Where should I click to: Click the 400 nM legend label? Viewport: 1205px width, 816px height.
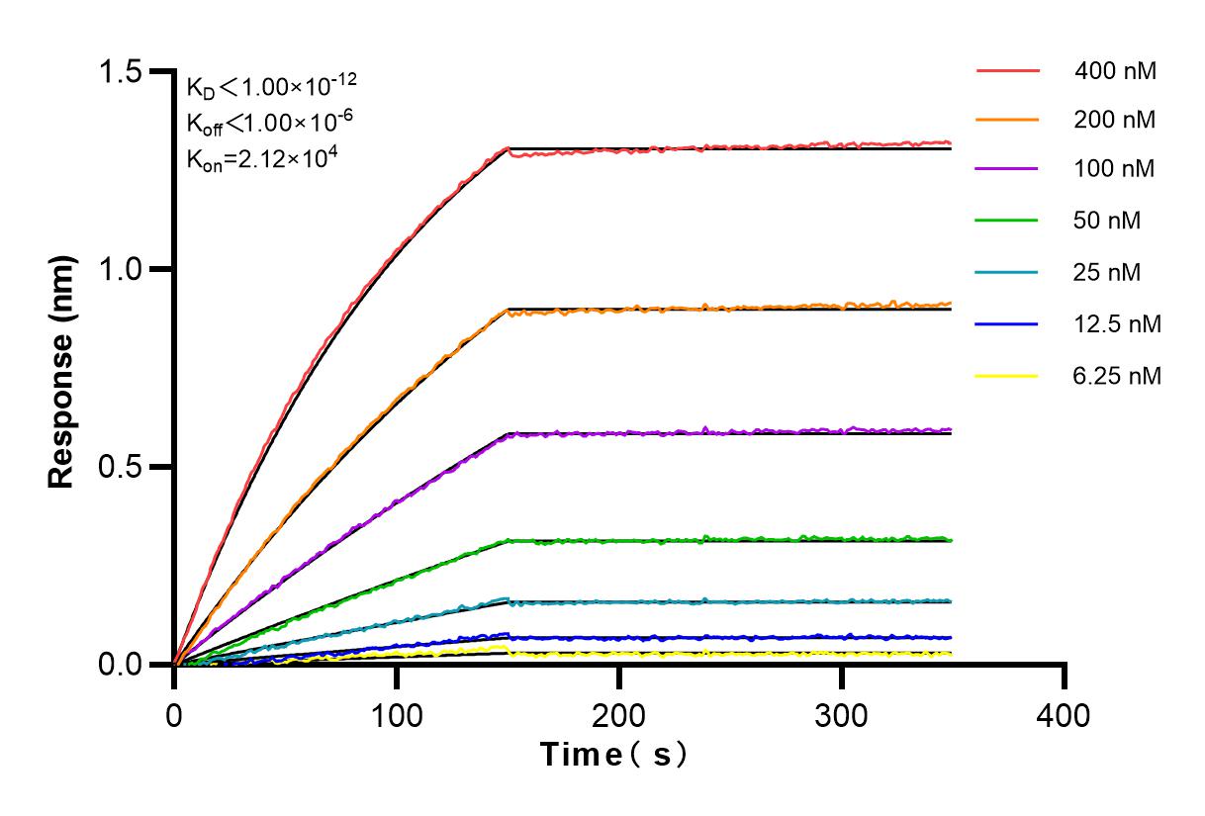pos(1116,70)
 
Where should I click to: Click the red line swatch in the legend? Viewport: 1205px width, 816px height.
pos(1007,71)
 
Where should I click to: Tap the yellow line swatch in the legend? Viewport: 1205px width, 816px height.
pos(1007,376)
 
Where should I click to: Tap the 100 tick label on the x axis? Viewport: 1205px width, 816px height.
pos(397,715)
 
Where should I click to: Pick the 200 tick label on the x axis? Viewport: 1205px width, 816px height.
pos(619,715)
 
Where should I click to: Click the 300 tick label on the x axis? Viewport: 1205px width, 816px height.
pos(842,715)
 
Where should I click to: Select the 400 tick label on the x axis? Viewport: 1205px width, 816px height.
pos(1065,715)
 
